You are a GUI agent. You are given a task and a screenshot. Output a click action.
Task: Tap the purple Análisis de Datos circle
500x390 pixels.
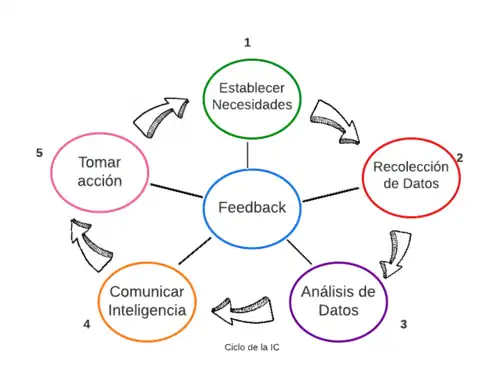coord(338,300)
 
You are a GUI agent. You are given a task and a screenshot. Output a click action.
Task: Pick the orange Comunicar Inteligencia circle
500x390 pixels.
coord(148,301)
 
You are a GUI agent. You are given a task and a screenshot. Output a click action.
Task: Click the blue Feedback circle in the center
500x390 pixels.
coord(252,207)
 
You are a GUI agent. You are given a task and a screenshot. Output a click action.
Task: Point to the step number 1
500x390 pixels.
coord(247,42)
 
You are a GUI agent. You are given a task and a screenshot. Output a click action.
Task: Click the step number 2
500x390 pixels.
coord(460,158)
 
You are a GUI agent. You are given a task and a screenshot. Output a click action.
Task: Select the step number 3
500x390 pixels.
coord(403,325)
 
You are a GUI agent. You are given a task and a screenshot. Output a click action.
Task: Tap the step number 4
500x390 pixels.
coord(87,325)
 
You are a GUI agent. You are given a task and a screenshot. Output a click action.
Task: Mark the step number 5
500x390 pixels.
coord(38,153)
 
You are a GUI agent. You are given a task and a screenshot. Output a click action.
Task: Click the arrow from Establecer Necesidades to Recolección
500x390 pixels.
coord(331,119)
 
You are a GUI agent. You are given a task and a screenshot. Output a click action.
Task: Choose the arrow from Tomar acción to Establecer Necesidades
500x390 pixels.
coord(166,115)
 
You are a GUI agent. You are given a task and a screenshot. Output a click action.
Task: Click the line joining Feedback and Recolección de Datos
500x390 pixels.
coord(330,194)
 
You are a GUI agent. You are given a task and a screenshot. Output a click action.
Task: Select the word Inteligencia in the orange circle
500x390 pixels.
coord(148,311)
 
